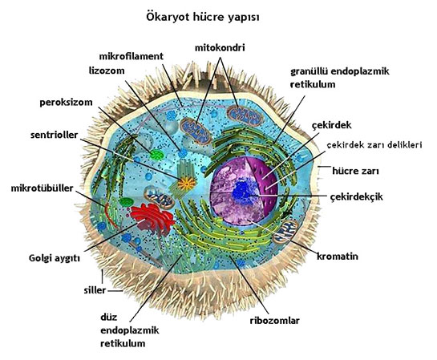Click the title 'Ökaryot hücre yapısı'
pos(203,18)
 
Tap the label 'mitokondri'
pos(220,48)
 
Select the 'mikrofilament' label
pos(132,56)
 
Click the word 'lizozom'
pos(107,71)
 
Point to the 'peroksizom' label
pos(66,103)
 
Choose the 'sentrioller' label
pos(55,136)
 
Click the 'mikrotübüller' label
pos(42,188)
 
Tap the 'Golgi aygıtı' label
pos(55,258)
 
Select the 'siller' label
pos(95,290)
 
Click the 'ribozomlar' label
pos(274,321)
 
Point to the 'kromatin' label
pos(338,257)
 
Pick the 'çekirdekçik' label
pos(356,197)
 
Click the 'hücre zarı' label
pos(355,171)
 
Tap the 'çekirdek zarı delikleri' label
pos(374,145)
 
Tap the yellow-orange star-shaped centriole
pos(187,184)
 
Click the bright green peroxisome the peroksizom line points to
pos(156,155)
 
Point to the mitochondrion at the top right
pos(245,115)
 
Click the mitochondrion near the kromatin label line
pos(285,231)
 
